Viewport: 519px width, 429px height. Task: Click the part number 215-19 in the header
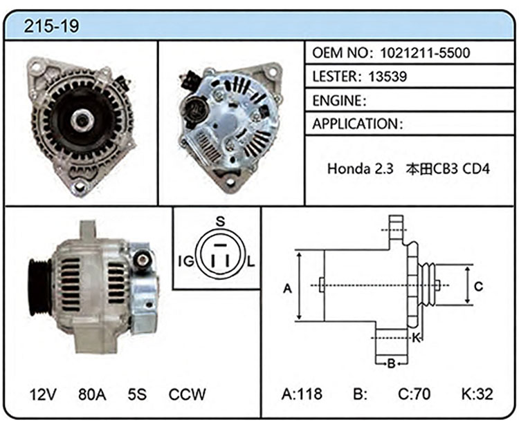coord(51,26)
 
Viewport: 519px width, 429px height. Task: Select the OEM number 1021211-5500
coord(425,53)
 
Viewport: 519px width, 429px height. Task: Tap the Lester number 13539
coord(388,77)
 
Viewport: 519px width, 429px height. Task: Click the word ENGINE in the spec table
coord(337,100)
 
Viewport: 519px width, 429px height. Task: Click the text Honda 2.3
coord(360,169)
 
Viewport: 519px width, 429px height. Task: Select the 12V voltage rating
coord(43,394)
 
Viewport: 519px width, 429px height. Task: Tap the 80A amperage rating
coord(92,394)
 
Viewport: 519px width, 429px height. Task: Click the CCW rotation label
coord(187,394)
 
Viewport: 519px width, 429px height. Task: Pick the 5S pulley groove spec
coord(137,394)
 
